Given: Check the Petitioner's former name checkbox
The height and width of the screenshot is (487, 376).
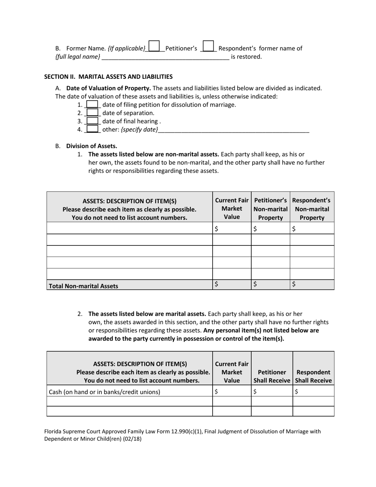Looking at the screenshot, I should (x=154, y=46).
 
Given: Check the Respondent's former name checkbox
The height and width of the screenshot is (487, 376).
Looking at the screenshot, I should (x=208, y=46).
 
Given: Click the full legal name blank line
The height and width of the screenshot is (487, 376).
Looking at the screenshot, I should (x=165, y=57).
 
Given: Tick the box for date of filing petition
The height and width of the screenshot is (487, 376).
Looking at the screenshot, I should (x=92, y=105).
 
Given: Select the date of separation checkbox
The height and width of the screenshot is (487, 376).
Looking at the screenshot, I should (x=92, y=113).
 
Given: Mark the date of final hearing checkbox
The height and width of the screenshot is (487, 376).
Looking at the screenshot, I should (x=92, y=121).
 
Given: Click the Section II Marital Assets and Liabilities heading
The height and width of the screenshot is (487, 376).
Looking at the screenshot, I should (x=108, y=76).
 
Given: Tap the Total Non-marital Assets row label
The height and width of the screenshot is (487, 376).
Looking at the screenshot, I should (x=83, y=286).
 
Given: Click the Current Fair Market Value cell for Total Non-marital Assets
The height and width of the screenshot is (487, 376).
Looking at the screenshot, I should (x=232, y=285).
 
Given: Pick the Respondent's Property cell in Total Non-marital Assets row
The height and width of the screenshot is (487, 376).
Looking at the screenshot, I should (x=312, y=285).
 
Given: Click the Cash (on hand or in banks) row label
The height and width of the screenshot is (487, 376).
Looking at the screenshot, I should (x=104, y=392).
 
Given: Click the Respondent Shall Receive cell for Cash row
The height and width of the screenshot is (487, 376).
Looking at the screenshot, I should (x=313, y=392).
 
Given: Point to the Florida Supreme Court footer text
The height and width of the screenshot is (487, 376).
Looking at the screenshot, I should (x=182, y=435).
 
